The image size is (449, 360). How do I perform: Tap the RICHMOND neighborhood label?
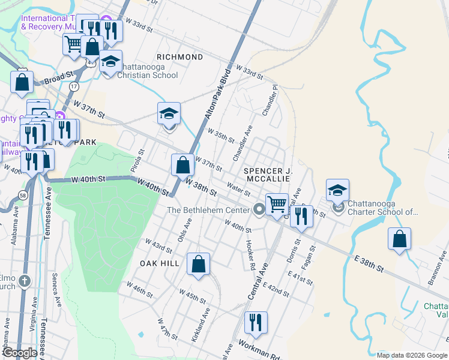[x=179, y=57]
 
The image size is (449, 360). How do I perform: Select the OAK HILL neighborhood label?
[x=160, y=263]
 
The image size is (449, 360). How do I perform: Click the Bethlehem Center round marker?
[x=259, y=209]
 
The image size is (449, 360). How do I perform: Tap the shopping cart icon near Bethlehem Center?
[x=277, y=204]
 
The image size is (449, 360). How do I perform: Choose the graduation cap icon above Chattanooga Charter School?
[x=338, y=191]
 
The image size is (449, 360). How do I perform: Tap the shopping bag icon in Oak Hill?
[x=198, y=264]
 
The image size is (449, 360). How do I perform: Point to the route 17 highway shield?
[x=74, y=87]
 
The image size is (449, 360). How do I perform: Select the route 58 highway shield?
[x=22, y=195]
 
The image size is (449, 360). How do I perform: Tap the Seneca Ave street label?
[x=56, y=295]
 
